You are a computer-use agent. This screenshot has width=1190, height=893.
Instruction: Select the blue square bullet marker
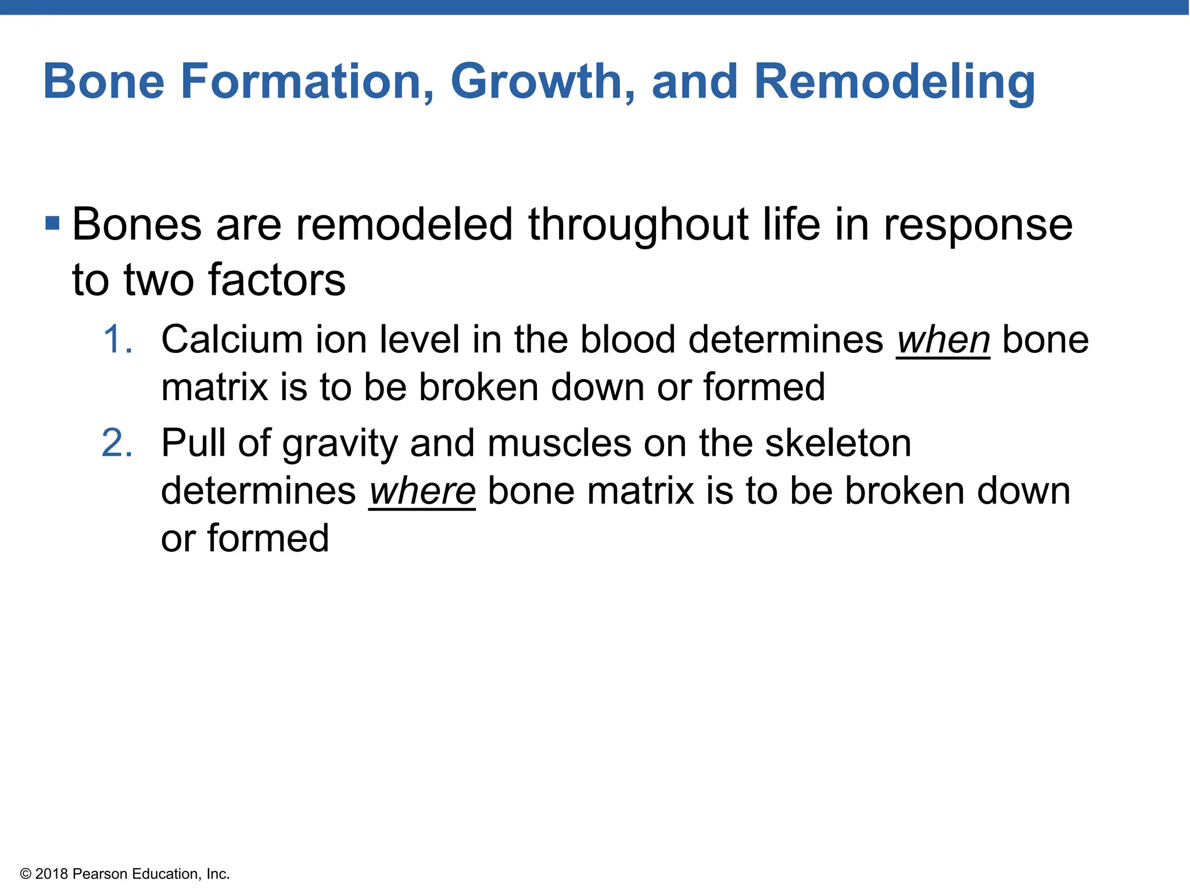[x=52, y=223]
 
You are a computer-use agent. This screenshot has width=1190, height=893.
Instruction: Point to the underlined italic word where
[x=422, y=492]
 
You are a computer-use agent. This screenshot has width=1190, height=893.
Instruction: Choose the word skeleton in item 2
[x=838, y=444]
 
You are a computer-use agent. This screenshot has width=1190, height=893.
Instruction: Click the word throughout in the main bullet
[x=638, y=225]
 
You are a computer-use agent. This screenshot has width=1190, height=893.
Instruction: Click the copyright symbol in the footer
[x=25, y=874]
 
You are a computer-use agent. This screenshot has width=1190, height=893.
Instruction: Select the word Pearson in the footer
[x=100, y=874]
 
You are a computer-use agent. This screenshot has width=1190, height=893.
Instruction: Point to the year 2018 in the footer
[x=52, y=874]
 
